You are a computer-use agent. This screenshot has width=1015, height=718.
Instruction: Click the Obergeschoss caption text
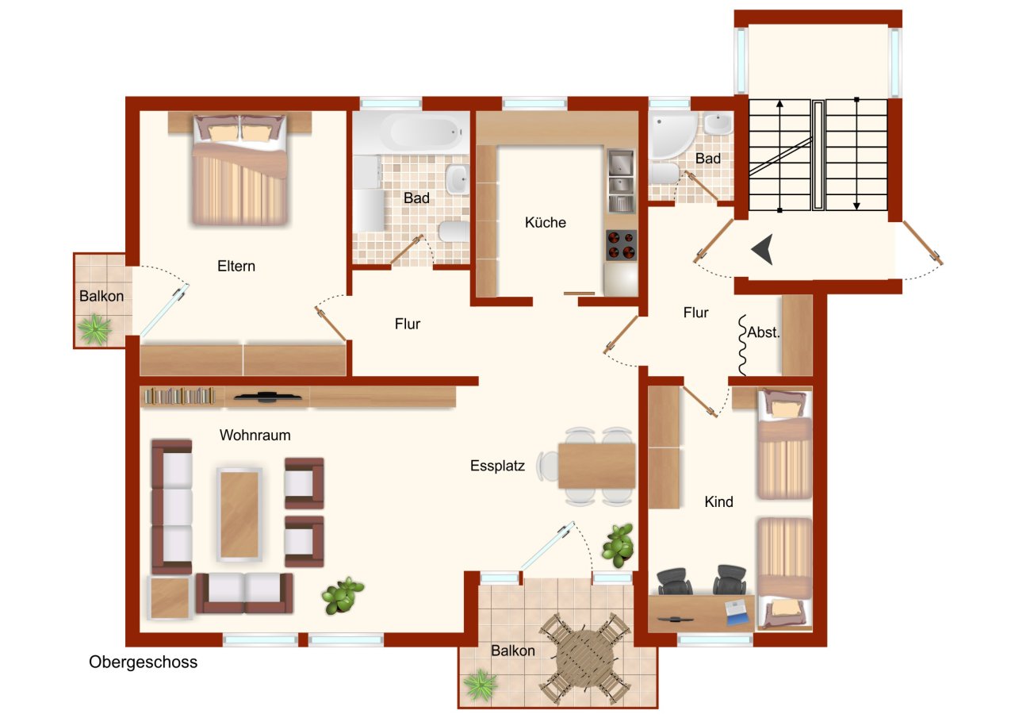click(x=143, y=662)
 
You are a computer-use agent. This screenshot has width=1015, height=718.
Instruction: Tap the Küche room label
click(x=546, y=223)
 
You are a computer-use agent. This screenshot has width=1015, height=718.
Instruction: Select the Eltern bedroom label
click(x=236, y=267)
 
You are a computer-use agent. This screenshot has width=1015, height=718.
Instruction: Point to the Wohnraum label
click(x=255, y=436)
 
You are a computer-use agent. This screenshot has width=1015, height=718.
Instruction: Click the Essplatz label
click(x=497, y=467)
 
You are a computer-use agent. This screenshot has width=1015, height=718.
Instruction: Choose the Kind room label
click(x=719, y=502)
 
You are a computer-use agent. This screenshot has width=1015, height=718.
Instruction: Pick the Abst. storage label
click(x=764, y=333)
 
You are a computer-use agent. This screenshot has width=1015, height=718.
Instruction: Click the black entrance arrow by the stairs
click(x=762, y=250)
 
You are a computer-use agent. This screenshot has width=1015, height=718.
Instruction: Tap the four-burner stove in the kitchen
click(x=621, y=244)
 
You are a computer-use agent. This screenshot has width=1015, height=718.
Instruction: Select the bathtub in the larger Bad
click(x=407, y=133)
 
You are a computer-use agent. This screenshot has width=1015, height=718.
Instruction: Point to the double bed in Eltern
click(x=239, y=171)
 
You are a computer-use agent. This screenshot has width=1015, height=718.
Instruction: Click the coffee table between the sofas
click(x=239, y=513)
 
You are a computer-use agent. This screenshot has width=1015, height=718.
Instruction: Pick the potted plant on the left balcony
click(x=95, y=329)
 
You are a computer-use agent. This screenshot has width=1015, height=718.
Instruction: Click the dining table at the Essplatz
click(x=596, y=466)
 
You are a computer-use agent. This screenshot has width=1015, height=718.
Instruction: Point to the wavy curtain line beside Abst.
click(x=743, y=346)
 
